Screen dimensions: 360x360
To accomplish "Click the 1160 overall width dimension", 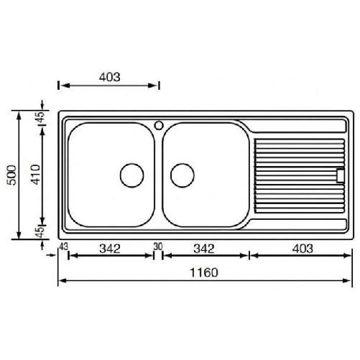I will click(205, 274).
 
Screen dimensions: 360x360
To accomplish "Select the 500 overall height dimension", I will click(9, 175).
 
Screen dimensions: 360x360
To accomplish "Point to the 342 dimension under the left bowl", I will click(110, 249).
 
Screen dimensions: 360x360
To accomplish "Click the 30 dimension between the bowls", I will click(158, 246).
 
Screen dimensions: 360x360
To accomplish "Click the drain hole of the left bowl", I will click(131, 174).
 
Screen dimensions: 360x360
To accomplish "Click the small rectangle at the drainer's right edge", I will click(340, 174).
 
